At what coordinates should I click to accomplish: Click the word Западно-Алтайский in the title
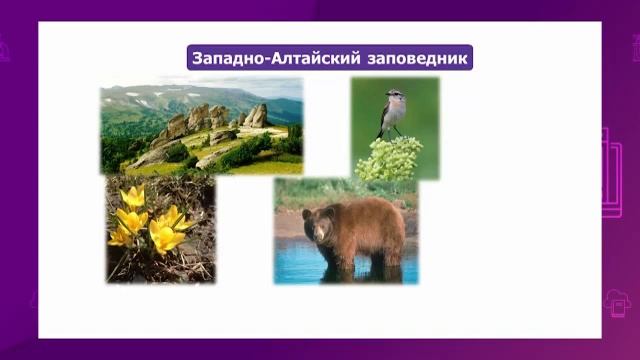pyautogui.click(x=267, y=56)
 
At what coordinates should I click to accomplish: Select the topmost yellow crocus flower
pyautogui.click(x=133, y=196)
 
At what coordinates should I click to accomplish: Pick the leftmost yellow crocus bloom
pyautogui.click(x=120, y=236)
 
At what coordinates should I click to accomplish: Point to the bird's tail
pyautogui.click(x=381, y=132)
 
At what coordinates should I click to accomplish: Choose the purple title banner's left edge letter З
pyautogui.click(x=198, y=56)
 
